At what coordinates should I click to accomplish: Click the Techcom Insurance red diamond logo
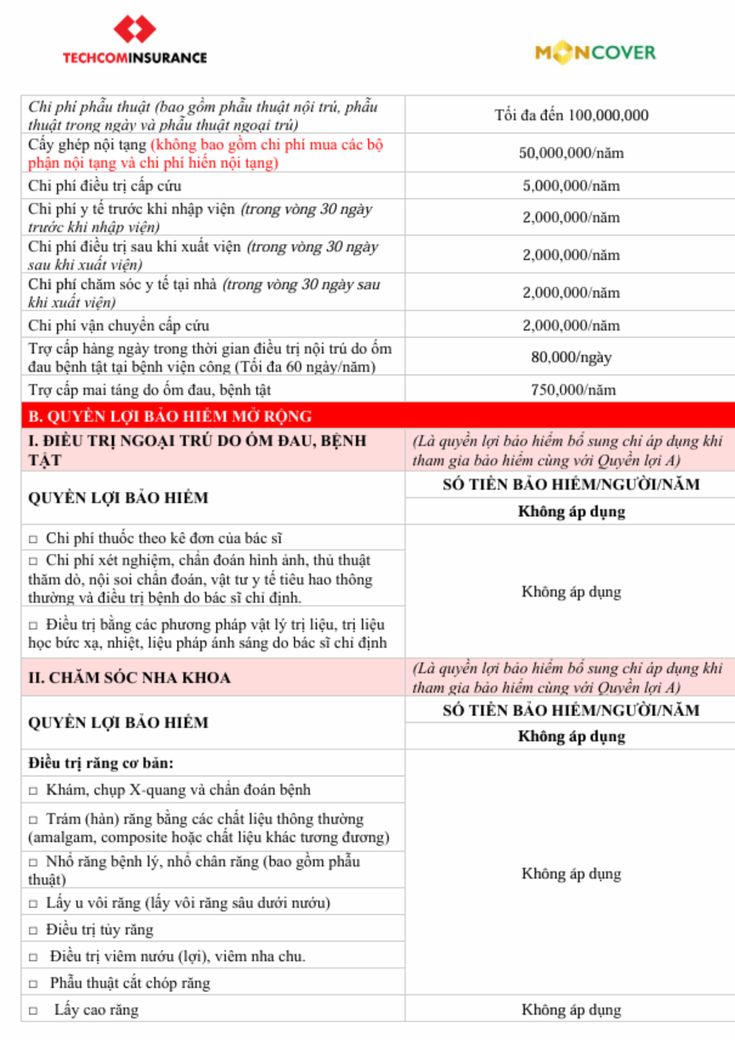click(134, 29)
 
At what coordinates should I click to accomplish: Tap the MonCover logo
click(595, 52)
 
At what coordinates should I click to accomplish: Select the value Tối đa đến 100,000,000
click(571, 115)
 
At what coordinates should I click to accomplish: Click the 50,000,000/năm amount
click(571, 153)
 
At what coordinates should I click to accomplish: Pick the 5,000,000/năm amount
click(571, 186)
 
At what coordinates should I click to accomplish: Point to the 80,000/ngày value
click(571, 357)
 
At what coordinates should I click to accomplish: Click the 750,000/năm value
click(573, 390)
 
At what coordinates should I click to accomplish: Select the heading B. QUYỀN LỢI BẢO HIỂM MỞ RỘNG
click(170, 416)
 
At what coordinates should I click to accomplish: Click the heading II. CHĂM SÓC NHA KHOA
click(130, 678)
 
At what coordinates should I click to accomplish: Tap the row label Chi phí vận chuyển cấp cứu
click(119, 325)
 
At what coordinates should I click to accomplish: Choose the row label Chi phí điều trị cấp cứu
click(105, 186)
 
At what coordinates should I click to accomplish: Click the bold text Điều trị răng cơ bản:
click(101, 763)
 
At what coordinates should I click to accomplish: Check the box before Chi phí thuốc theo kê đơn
click(33, 539)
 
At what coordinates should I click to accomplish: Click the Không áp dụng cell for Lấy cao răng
click(571, 1010)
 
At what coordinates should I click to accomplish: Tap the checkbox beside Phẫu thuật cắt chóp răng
click(33, 984)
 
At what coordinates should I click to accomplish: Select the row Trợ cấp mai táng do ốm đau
click(149, 390)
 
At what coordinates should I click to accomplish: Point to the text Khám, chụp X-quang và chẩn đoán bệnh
click(178, 789)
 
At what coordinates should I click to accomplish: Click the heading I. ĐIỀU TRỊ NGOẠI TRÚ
click(197, 449)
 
